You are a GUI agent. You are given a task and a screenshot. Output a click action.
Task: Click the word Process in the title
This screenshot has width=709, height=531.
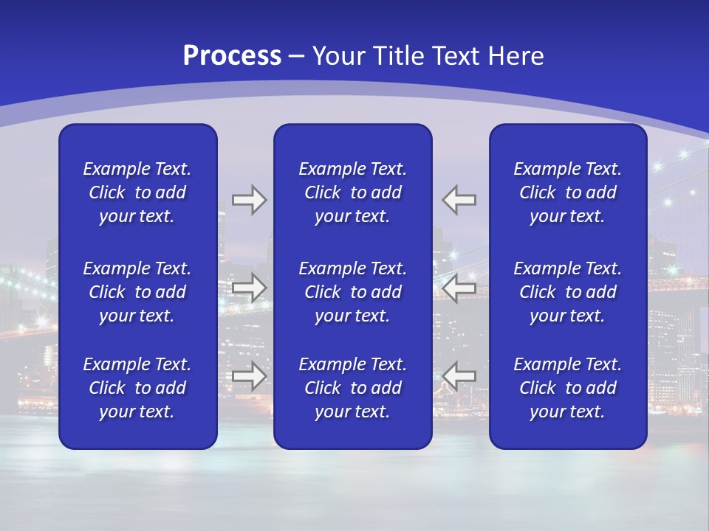pyautogui.click(x=232, y=56)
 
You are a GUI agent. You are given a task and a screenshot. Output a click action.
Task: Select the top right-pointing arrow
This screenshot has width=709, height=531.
pyautogui.click(x=250, y=200)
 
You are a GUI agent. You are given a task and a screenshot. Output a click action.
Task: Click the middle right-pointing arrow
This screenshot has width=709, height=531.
pyautogui.click(x=250, y=288)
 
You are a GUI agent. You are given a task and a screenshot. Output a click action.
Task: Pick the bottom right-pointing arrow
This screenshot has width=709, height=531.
pyautogui.click(x=250, y=375)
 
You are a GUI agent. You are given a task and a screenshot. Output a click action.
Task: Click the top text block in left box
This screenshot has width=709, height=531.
pyautogui.click(x=137, y=192)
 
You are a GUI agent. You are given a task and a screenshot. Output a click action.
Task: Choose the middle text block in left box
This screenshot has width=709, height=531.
pyautogui.click(x=137, y=292)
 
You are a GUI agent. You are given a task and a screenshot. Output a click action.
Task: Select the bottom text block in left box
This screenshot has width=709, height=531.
pyautogui.click(x=137, y=388)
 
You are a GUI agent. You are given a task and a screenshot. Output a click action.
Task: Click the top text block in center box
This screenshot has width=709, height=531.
pyautogui.click(x=353, y=192)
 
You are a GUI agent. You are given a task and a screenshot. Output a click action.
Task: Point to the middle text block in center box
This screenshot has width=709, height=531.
pyautogui.click(x=353, y=292)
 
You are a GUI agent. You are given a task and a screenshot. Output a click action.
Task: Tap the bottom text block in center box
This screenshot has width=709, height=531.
pyautogui.click(x=353, y=388)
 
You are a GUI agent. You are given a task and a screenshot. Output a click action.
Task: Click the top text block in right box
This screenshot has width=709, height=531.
pyautogui.click(x=568, y=192)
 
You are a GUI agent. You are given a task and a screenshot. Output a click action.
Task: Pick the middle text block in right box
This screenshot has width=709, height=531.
pyautogui.click(x=568, y=292)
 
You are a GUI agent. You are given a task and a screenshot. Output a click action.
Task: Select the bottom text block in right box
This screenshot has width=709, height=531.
pyautogui.click(x=568, y=388)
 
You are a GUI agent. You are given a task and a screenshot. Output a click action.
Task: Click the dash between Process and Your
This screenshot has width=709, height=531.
pyautogui.click(x=297, y=57)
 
